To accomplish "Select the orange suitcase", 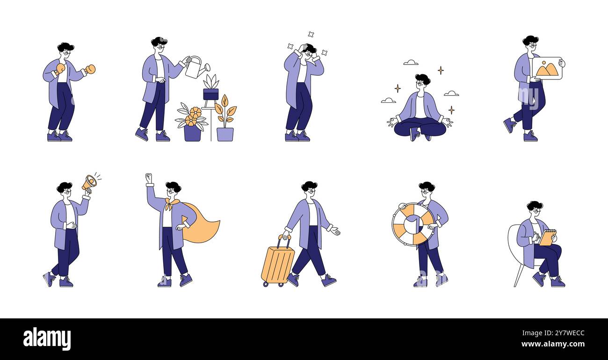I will [x=277, y=265].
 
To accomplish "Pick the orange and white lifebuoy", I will [x=413, y=224].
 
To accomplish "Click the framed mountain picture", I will [x=547, y=68].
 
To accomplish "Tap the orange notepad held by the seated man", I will [x=547, y=237].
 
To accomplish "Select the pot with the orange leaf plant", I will [x=225, y=134].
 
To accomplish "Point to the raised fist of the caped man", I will [x=149, y=178].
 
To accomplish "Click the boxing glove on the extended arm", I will [x=90, y=69].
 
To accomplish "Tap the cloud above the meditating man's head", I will [x=410, y=62].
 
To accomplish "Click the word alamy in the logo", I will [x=47, y=338].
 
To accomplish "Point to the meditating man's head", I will [x=422, y=81].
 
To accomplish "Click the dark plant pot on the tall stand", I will [x=210, y=94].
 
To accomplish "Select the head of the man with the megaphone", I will [x=65, y=188].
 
